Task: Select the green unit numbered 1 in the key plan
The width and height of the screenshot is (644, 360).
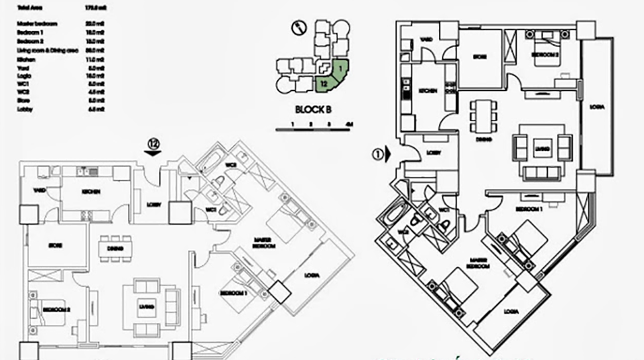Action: click(339, 67)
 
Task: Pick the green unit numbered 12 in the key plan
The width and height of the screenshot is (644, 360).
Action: click(323, 84)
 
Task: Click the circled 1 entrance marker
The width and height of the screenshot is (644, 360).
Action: click(378, 154)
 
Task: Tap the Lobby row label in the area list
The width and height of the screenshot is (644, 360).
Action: click(25, 108)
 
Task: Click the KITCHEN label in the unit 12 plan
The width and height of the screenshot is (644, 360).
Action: click(92, 192)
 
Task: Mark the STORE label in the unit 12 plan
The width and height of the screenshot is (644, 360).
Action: click(56, 245)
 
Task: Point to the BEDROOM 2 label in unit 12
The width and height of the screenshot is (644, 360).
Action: click(52, 309)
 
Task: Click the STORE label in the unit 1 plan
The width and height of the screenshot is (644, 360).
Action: click(480, 57)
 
